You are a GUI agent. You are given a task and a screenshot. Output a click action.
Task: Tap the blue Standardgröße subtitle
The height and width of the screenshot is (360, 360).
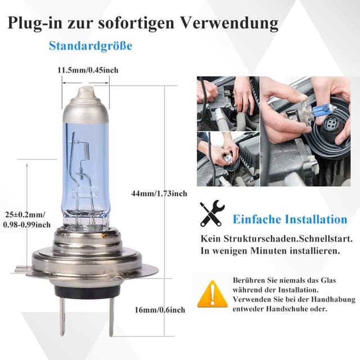click(x=90, y=46)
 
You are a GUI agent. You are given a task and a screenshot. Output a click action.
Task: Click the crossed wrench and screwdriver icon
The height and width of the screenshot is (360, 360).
click(x=213, y=214)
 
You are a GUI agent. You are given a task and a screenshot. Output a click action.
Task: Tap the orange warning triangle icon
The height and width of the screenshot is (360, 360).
click(x=212, y=293)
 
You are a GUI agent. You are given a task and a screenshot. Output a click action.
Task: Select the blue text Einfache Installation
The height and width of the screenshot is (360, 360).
click(x=290, y=219)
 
